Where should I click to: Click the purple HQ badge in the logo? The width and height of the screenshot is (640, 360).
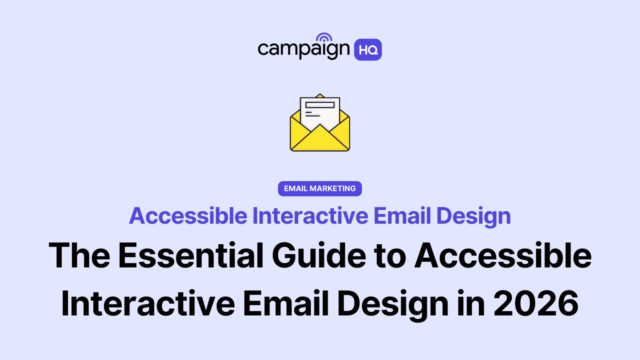(367, 50)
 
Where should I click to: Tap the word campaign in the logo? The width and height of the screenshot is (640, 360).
(303, 49)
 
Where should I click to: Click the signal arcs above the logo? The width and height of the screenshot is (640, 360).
(324, 37)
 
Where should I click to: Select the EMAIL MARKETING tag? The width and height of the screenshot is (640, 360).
(320, 188)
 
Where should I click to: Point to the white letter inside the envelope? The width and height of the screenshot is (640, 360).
(320, 111)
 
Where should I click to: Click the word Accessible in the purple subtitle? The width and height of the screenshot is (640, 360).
(188, 216)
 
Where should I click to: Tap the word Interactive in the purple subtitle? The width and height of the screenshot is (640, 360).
(310, 216)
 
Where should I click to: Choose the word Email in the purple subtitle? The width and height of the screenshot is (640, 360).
(402, 216)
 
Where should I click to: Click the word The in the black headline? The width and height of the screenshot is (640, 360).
(79, 255)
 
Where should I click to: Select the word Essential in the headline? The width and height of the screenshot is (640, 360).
(191, 255)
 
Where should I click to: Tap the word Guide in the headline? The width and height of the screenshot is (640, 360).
(319, 255)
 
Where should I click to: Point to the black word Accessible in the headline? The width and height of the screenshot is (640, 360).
(502, 255)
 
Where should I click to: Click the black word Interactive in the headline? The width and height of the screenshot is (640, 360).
(148, 303)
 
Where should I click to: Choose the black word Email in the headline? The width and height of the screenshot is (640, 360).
(286, 303)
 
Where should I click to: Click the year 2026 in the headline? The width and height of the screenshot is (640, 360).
(536, 303)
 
